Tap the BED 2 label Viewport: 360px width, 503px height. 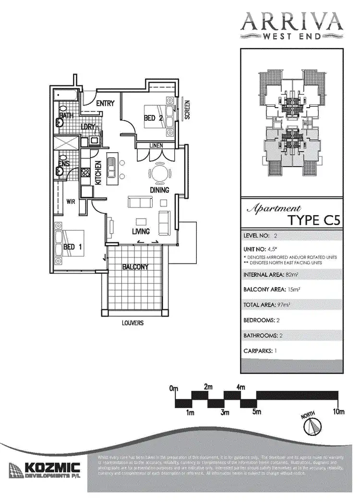tap(154, 118)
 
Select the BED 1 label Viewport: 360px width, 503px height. tap(72, 247)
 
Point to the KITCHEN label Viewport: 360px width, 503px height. tap(98, 173)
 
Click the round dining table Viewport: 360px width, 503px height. tap(159, 172)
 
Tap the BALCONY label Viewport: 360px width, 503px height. tap(135, 267)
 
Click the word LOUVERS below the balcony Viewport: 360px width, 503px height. tap(132, 323)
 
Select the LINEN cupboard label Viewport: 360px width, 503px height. tap(155, 146)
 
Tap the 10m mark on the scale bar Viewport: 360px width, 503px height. tap(339, 411)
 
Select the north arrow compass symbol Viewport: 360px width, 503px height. tap(314, 426)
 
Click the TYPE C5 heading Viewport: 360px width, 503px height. tap(314, 221)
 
